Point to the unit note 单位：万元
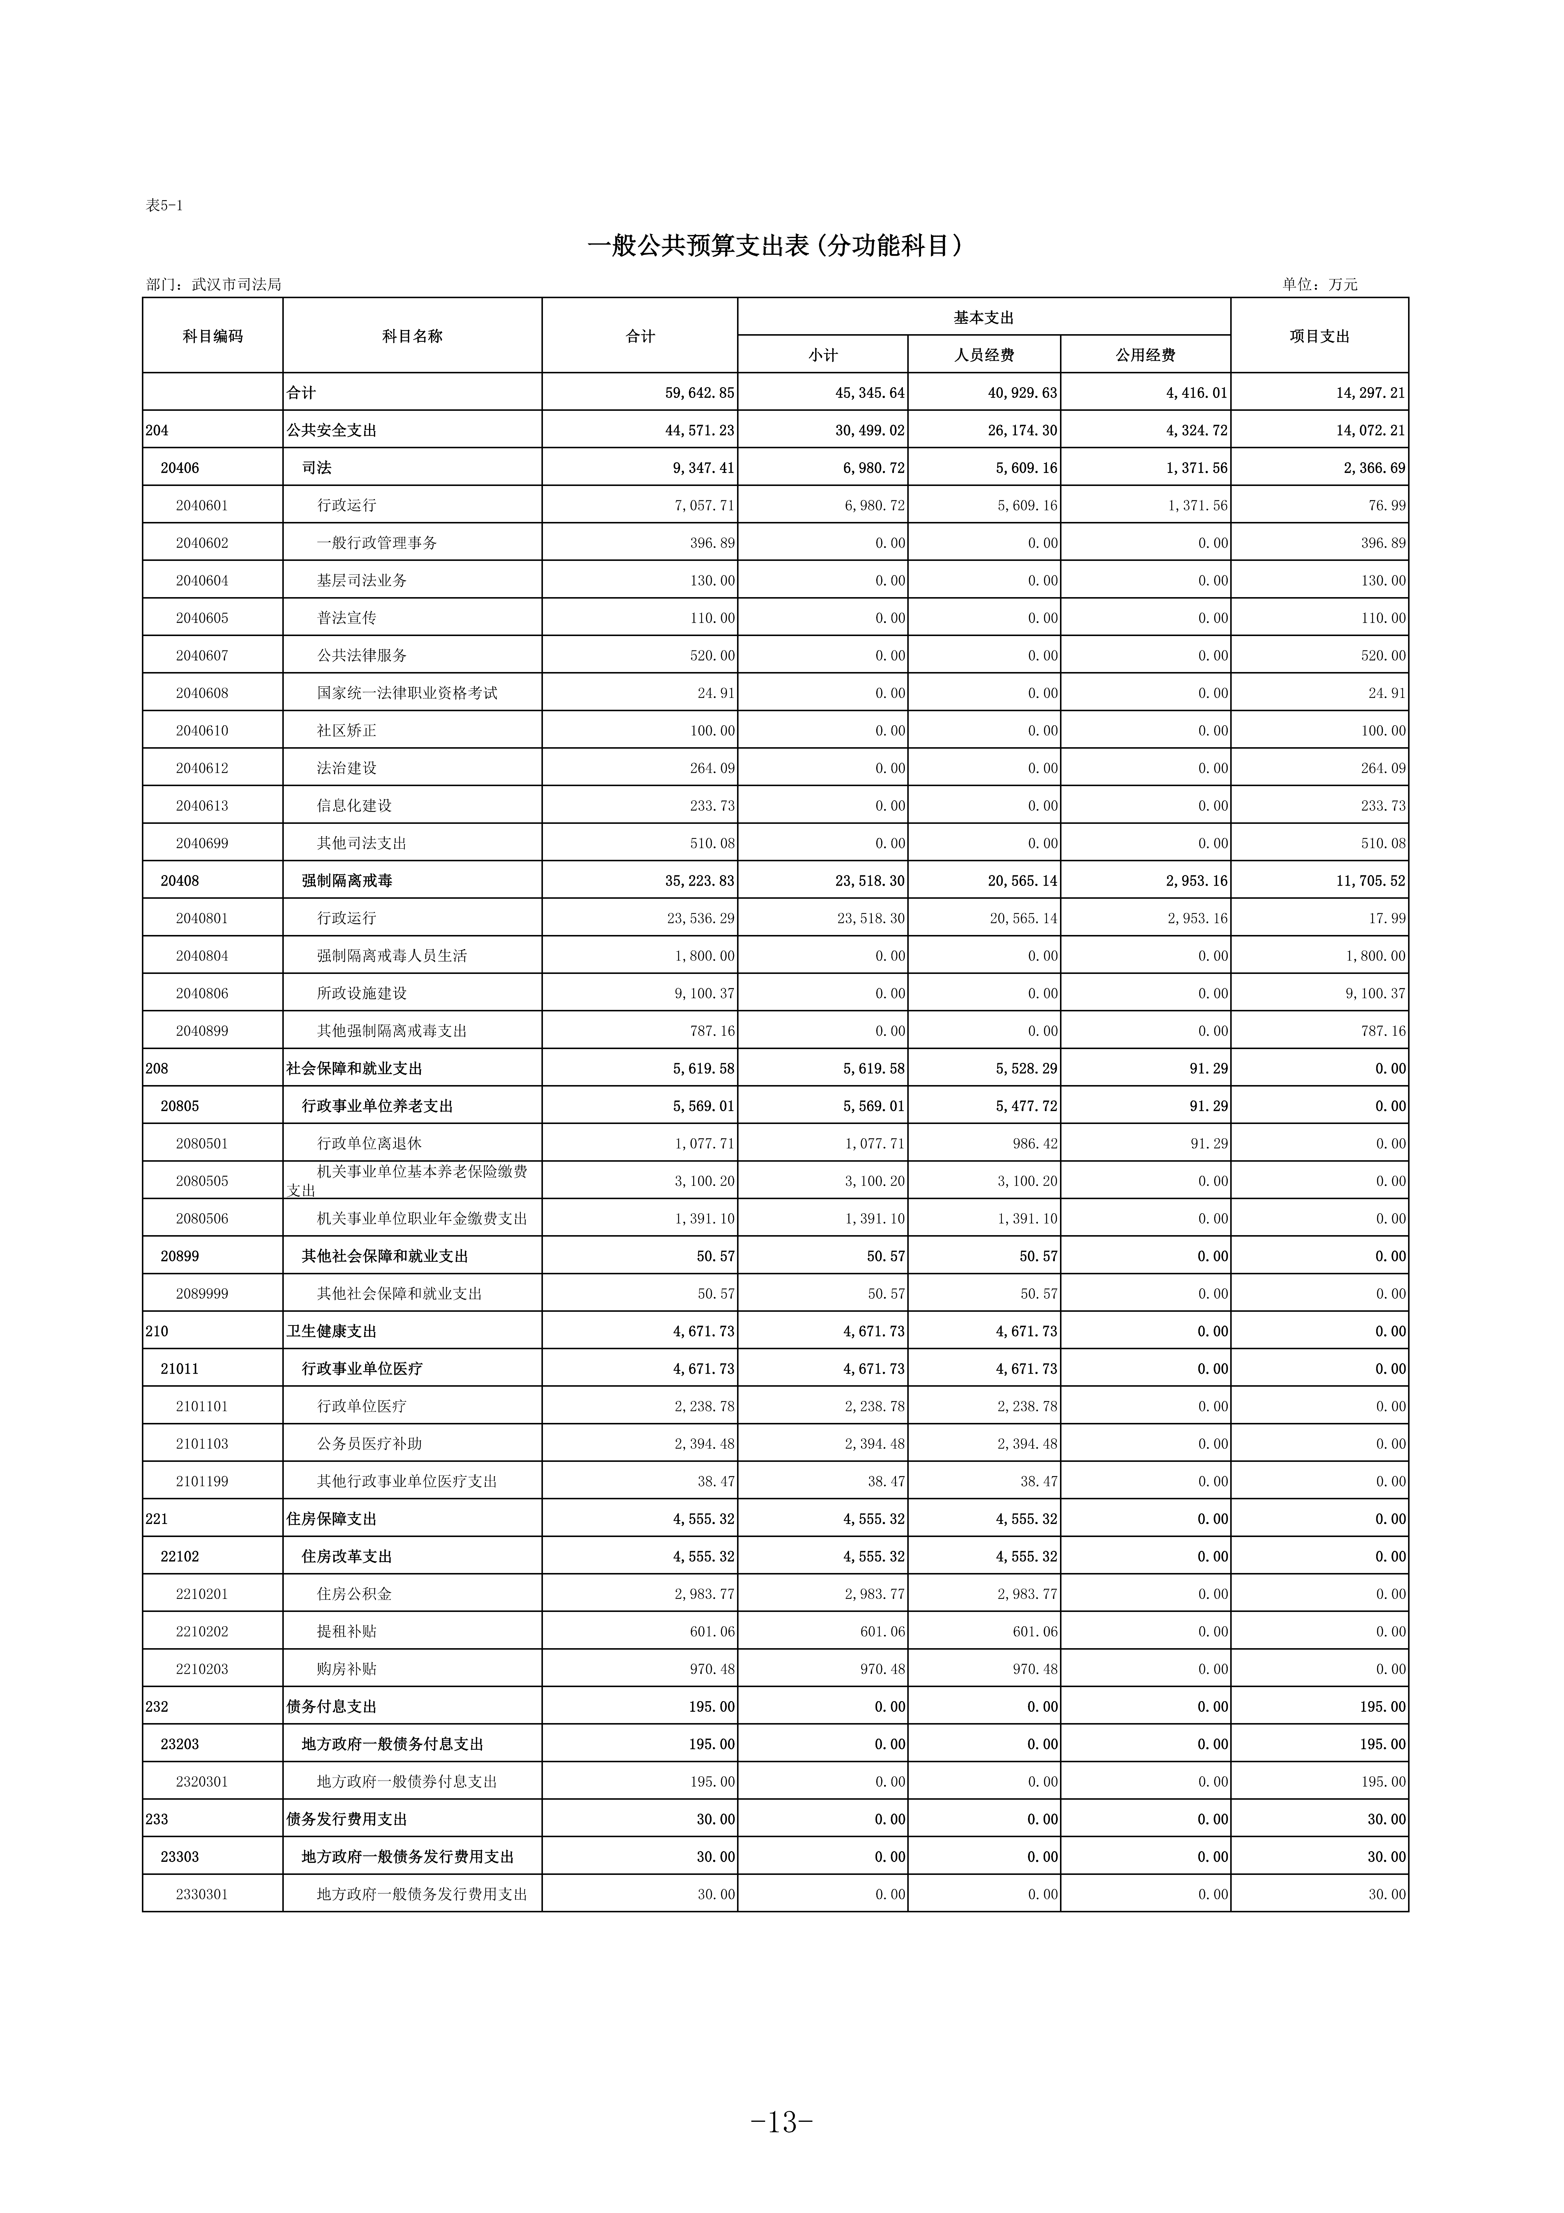pyautogui.click(x=1319, y=284)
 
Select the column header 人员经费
pyautogui.click(x=984, y=355)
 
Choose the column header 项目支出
pyautogui.click(x=1319, y=335)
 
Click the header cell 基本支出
pyautogui.click(x=984, y=317)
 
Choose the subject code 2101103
pyautogui.click(x=202, y=1443)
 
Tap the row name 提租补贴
pyautogui.click(x=347, y=1631)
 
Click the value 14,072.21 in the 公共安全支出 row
pyautogui.click(x=1370, y=430)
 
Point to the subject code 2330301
pyautogui.click(x=202, y=1894)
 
